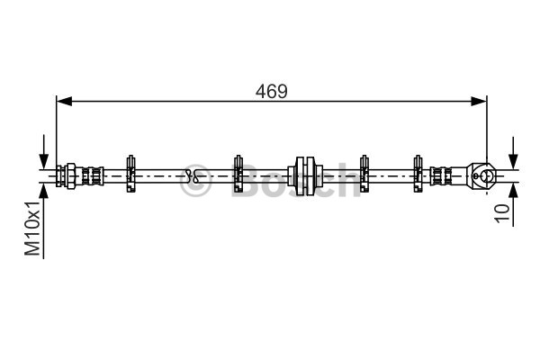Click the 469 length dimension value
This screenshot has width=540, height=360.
(x=272, y=91)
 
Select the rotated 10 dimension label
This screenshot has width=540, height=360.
(x=501, y=213)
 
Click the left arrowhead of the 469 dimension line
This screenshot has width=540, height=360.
(x=64, y=102)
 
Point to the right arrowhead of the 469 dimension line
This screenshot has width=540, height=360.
(x=479, y=102)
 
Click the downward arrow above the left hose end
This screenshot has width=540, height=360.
(x=44, y=151)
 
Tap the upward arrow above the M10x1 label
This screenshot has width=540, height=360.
(x=44, y=220)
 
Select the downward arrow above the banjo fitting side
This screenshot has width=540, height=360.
(x=513, y=153)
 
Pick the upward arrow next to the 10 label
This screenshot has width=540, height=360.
(x=513, y=204)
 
